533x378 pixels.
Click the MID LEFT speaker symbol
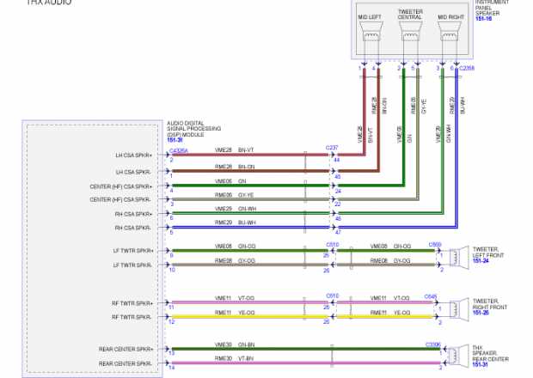pyautogui.click(x=371, y=34)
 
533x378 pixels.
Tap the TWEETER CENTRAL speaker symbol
pyautogui.click(x=409, y=34)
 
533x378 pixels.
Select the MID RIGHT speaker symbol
pyautogui.click(x=450, y=34)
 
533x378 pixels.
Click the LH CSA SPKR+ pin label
pyautogui.click(x=133, y=155)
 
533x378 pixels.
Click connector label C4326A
pyautogui.click(x=179, y=150)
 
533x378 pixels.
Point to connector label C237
pyautogui.click(x=332, y=148)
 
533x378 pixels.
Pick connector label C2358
pyautogui.click(x=467, y=68)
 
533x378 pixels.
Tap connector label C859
pyautogui.click(x=435, y=244)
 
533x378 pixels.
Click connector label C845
pyautogui.click(x=431, y=296)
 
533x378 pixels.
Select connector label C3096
pyautogui.click(x=433, y=344)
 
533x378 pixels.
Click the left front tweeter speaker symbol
pyautogui.click(x=455, y=255)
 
